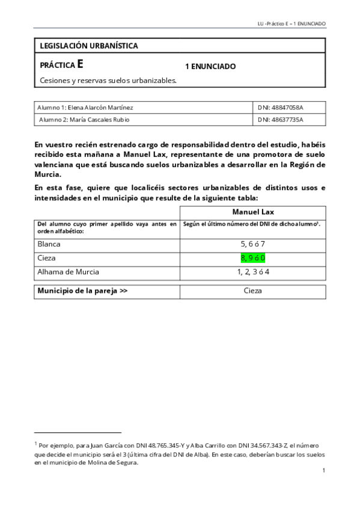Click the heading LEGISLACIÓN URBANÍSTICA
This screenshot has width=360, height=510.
(88, 46)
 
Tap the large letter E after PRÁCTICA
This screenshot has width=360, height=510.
(81, 65)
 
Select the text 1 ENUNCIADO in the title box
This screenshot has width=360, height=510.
(210, 66)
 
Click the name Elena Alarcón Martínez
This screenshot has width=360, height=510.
(102, 107)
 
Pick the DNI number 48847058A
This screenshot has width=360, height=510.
(281, 107)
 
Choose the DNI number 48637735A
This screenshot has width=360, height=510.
(281, 119)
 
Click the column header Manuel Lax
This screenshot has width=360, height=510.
(252, 212)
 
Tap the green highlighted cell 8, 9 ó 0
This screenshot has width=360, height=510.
(252, 258)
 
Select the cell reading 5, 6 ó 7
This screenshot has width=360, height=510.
(252, 244)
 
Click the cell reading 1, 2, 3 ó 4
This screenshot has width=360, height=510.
(252, 272)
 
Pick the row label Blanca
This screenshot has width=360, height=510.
(49, 244)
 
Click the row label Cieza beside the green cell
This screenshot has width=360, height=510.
(47, 258)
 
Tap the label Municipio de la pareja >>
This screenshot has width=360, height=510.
(82, 291)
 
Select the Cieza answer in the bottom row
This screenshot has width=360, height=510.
(252, 291)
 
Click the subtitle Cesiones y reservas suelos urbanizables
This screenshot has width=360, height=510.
(108, 80)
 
